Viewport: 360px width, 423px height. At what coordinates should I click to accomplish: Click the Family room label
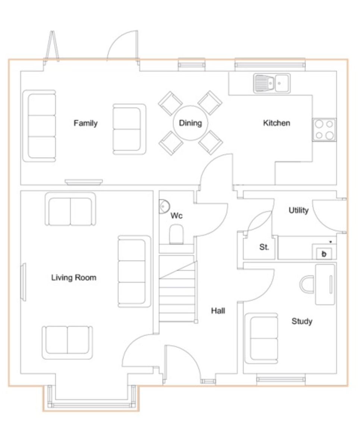click(86, 123)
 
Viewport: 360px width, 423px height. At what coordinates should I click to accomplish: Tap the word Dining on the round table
click(190, 123)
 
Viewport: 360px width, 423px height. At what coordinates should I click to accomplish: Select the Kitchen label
click(277, 123)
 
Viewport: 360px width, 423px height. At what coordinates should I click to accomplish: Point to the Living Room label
click(74, 278)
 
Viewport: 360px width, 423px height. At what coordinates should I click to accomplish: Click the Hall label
click(218, 311)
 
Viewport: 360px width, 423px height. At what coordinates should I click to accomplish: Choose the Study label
click(302, 321)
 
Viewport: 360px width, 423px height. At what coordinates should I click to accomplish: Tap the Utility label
click(299, 210)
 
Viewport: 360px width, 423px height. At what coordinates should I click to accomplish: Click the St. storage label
click(264, 247)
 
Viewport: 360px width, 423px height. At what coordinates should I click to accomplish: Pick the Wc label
click(177, 216)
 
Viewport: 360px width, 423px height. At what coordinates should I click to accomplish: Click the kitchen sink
click(272, 83)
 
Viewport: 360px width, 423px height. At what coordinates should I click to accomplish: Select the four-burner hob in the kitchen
click(324, 130)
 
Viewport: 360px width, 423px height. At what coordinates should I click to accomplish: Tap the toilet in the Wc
click(176, 234)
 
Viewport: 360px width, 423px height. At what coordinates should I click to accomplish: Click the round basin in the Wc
click(164, 207)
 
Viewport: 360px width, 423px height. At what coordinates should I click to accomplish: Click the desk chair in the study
click(307, 284)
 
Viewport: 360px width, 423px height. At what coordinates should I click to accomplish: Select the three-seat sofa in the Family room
click(40, 126)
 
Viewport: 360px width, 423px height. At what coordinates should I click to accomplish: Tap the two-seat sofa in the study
click(261, 338)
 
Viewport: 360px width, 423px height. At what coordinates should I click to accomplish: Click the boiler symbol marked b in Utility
click(324, 254)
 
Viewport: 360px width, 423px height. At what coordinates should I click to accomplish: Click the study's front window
click(281, 380)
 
